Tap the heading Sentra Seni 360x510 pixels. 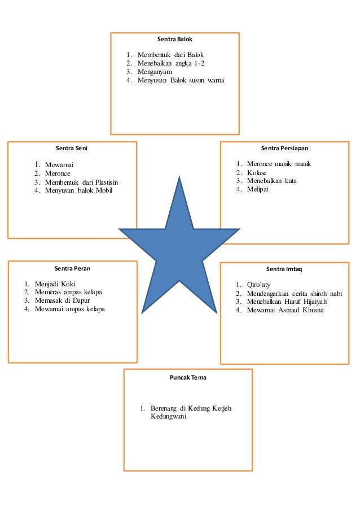point(71,149)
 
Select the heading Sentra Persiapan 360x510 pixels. point(284,149)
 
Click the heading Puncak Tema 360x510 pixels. point(188,377)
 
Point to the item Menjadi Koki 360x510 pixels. point(55,284)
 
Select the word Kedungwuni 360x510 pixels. point(168,417)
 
